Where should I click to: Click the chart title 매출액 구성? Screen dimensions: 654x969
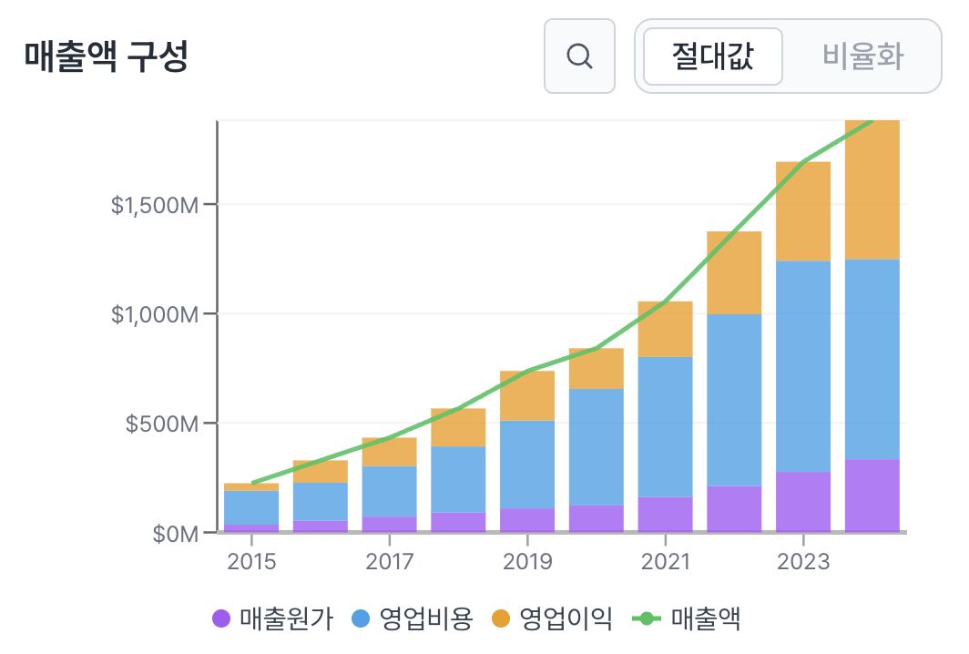click(x=106, y=56)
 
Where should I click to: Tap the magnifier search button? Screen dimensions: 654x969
click(x=579, y=56)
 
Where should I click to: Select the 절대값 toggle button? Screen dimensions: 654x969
click(x=712, y=56)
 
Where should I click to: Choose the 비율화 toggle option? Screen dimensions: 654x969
click(x=862, y=56)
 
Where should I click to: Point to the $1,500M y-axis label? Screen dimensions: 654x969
click(x=155, y=205)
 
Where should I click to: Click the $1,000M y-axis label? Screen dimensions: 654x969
click(x=155, y=314)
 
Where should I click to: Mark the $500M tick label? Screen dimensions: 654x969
click(x=162, y=424)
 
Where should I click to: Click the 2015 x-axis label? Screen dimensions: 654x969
click(x=251, y=560)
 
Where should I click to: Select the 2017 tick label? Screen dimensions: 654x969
click(x=390, y=560)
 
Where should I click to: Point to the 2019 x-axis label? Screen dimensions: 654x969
click(x=527, y=560)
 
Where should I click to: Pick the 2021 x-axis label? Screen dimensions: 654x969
click(x=665, y=560)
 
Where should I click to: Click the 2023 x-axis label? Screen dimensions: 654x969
click(x=803, y=560)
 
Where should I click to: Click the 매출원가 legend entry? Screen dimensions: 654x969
click(x=273, y=619)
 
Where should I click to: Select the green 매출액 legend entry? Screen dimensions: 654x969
click(x=688, y=619)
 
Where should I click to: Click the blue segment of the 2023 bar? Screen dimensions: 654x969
click(x=803, y=364)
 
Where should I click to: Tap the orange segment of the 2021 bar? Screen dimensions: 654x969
click(x=665, y=329)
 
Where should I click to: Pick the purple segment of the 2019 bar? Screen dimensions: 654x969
click(x=527, y=520)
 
